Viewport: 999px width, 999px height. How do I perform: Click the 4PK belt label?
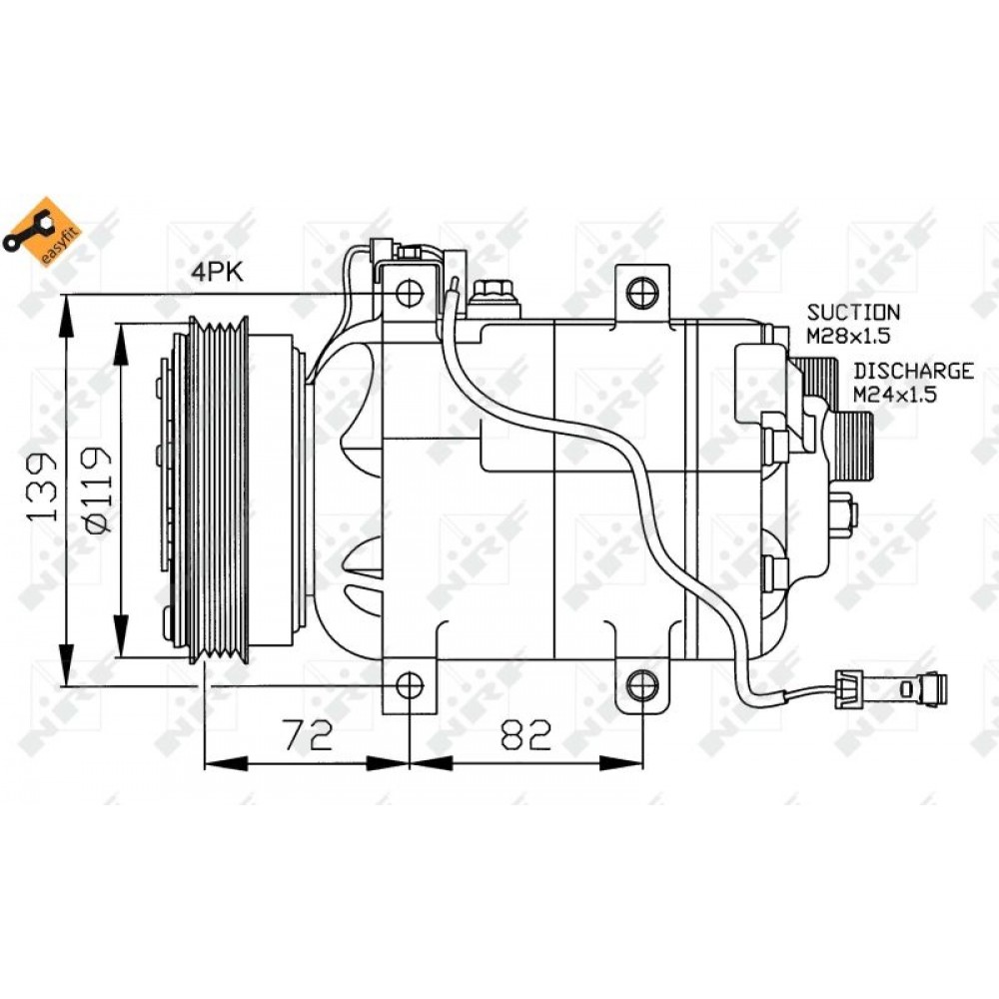pos(217,273)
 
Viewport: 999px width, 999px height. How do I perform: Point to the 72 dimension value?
pos(308,734)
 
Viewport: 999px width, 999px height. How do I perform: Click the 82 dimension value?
pos(525,734)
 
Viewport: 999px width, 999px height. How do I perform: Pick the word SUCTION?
pos(854,312)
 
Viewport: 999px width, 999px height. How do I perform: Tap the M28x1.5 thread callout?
pos(848,336)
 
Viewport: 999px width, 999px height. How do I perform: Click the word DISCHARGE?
pos(914,371)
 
